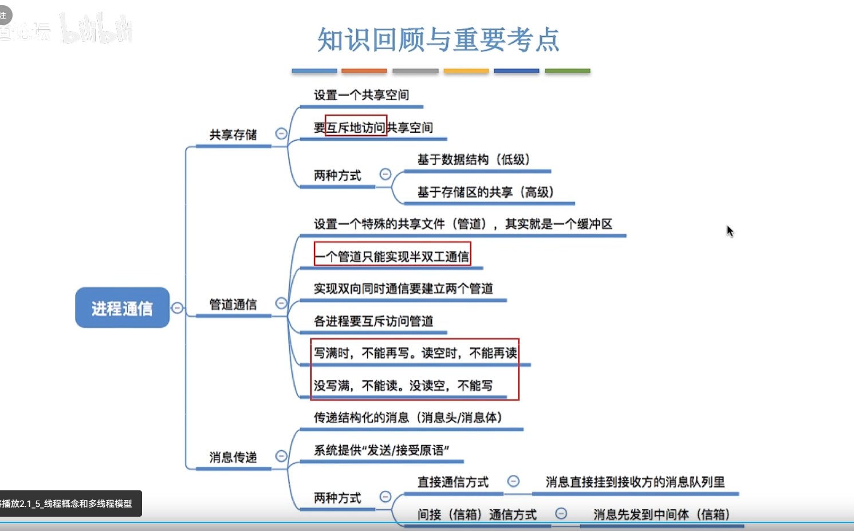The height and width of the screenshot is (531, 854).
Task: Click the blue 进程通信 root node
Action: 122,308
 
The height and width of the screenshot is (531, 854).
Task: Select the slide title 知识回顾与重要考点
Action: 438,40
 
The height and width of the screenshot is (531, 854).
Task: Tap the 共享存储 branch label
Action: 233,135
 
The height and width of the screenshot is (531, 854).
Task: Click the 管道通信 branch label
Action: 233,304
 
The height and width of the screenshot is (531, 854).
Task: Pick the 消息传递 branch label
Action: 233,457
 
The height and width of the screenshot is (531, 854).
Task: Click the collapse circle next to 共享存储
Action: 281,133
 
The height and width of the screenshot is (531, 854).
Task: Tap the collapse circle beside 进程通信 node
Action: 178,308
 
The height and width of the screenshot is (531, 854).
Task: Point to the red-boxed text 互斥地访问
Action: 356,127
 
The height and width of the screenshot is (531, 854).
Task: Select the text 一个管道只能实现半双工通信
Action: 392,256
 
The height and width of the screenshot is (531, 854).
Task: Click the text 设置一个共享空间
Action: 361,95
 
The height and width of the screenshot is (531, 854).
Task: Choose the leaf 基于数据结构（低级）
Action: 474,159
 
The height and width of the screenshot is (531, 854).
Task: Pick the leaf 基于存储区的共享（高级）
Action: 486,192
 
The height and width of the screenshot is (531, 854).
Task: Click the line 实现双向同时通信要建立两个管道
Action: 403,289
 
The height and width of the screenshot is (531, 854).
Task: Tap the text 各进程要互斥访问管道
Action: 373,321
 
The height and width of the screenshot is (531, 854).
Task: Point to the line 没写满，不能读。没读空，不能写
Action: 403,386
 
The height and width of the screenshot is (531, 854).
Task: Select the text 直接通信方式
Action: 453,482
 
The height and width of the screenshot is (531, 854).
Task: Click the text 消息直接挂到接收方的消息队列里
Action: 635,482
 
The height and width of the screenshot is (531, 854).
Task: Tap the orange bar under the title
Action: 364,71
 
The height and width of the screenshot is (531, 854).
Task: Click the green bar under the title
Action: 567,71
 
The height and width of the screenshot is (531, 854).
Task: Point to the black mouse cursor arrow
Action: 730,231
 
